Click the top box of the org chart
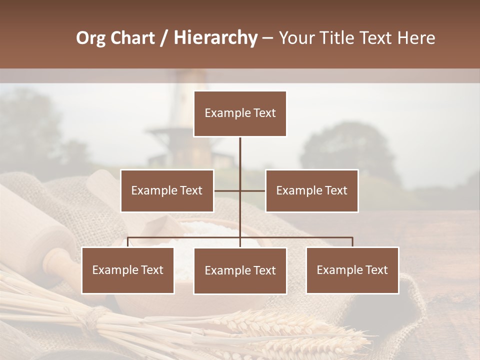[x=240, y=113]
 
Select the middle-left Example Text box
[x=167, y=190]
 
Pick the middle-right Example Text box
[x=311, y=190]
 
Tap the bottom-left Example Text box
[x=128, y=270]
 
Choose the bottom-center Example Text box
[x=240, y=270]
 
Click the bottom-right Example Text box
[x=352, y=270]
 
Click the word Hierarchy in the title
[x=215, y=38]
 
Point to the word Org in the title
[x=90, y=38]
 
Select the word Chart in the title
[x=132, y=38]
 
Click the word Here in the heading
[x=416, y=38]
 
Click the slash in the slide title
[x=164, y=38]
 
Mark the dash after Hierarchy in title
[x=267, y=38]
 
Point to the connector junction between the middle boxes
[x=240, y=190]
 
